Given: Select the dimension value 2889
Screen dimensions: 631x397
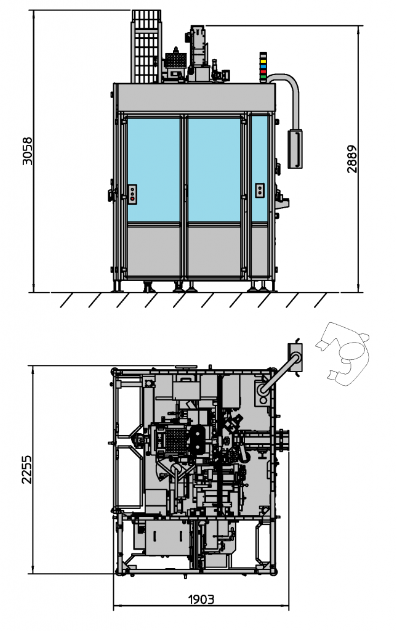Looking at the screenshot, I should tap(351, 159).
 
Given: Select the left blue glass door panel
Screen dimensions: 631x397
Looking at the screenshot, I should tap(154, 169).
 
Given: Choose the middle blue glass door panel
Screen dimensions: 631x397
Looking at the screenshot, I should tap(214, 169).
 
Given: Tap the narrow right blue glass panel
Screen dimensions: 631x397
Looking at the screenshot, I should tap(260, 169).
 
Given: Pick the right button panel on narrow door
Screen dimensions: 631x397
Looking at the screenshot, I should tap(260, 190).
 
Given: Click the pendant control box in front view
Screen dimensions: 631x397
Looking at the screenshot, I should tap(296, 148).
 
